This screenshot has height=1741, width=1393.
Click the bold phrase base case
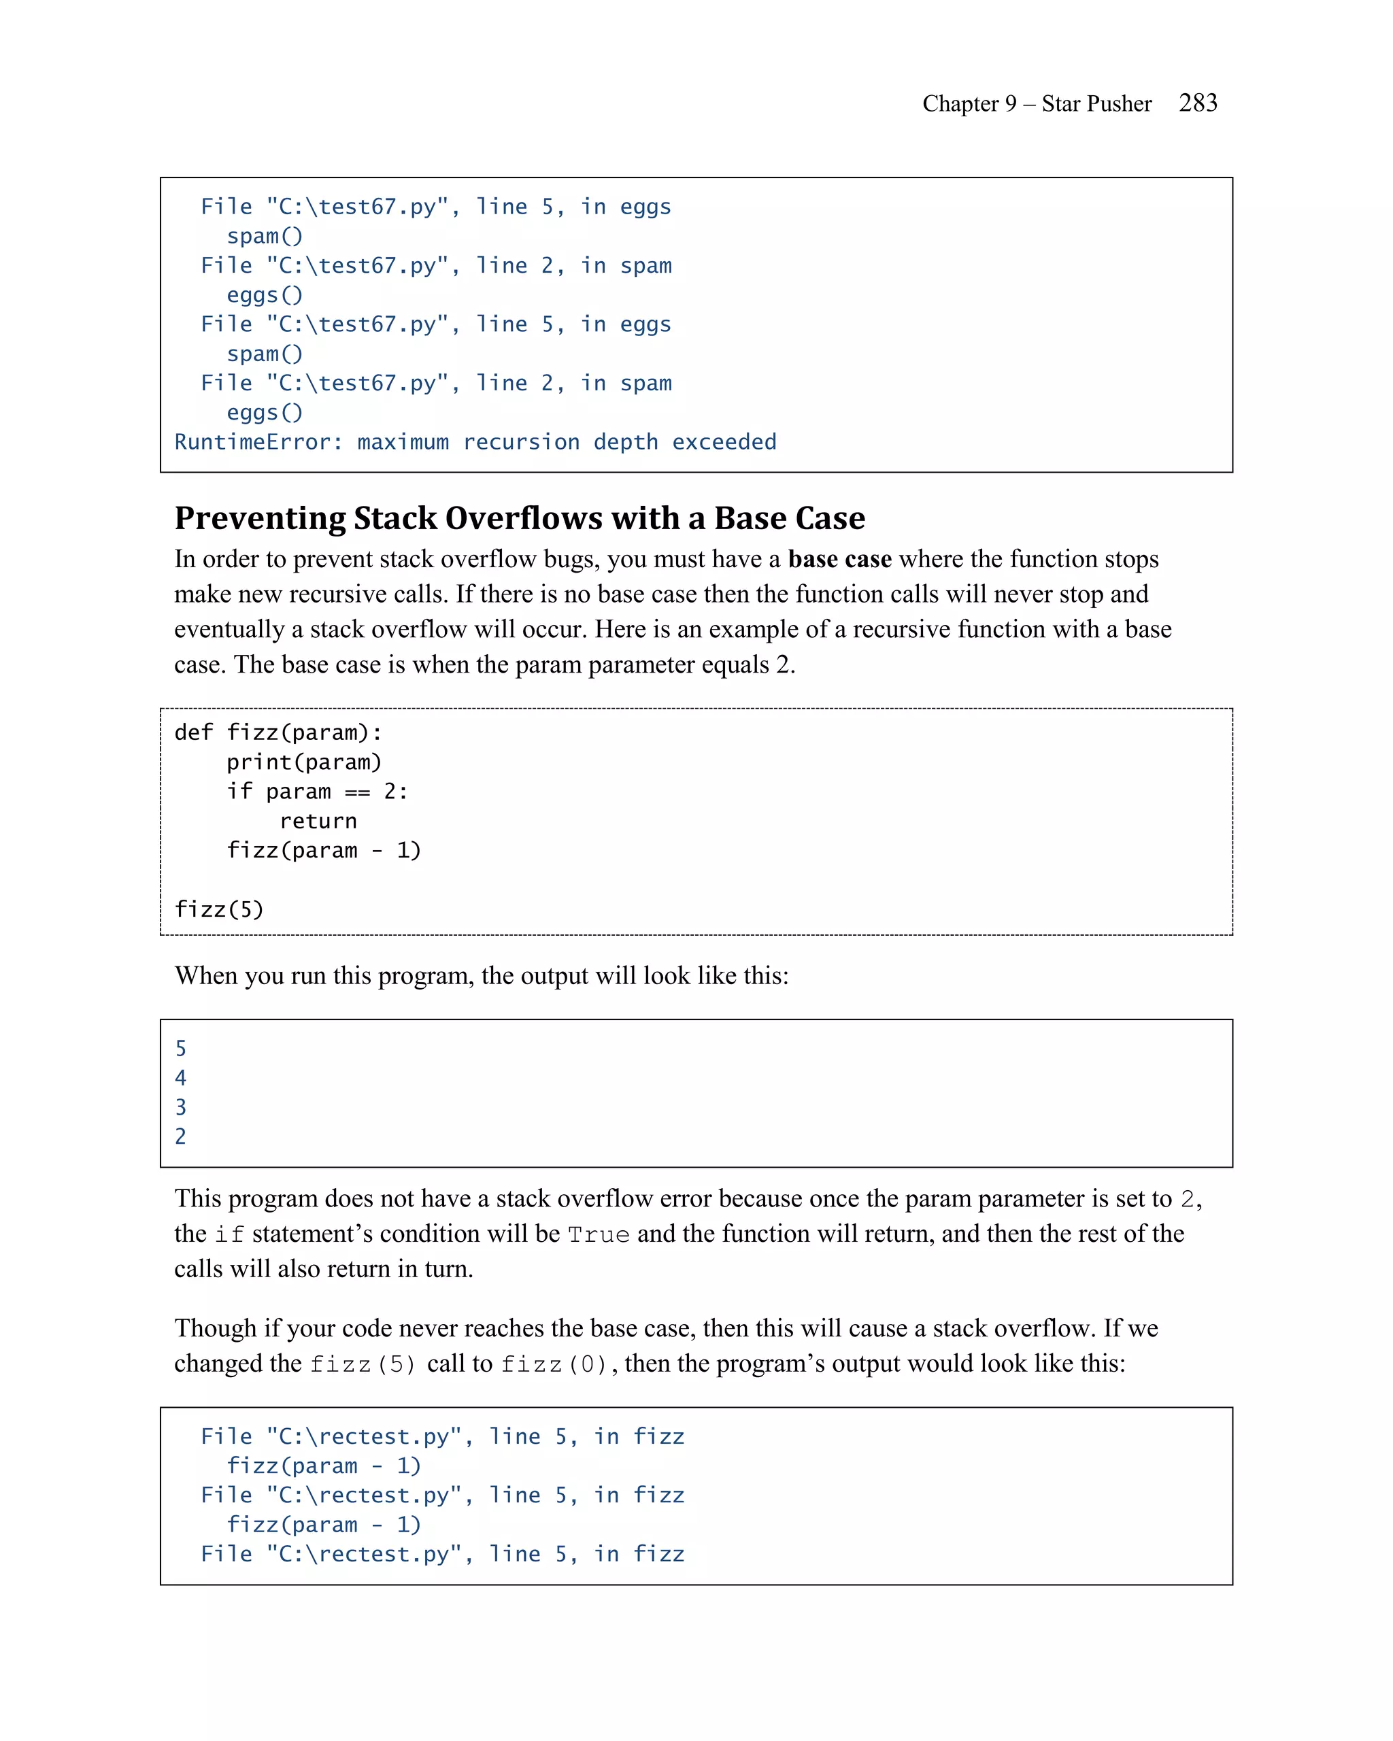[x=839, y=559]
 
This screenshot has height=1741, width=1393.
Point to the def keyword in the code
[x=193, y=732]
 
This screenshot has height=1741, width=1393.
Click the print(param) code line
[x=303, y=762]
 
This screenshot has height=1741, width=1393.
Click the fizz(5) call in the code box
[x=219, y=909]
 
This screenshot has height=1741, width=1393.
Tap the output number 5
[x=181, y=1048]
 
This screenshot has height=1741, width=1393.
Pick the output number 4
[x=181, y=1077]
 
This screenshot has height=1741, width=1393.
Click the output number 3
[x=181, y=1107]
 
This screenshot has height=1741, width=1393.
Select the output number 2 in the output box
[x=181, y=1136]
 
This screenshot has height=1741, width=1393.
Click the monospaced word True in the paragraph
[x=599, y=1235]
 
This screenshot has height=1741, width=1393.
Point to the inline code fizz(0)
[x=554, y=1365]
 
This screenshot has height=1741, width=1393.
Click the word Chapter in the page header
[x=960, y=103]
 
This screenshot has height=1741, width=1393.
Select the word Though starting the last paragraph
[x=216, y=1328]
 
